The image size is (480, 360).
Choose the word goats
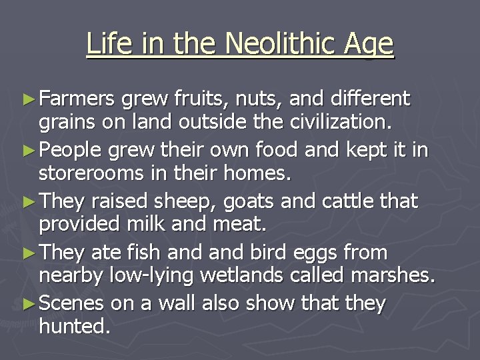point(237,201)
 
